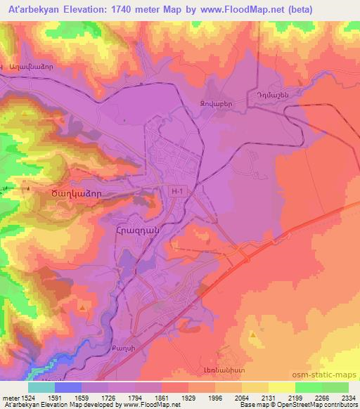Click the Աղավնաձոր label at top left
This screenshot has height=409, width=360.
click(x=32, y=67)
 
